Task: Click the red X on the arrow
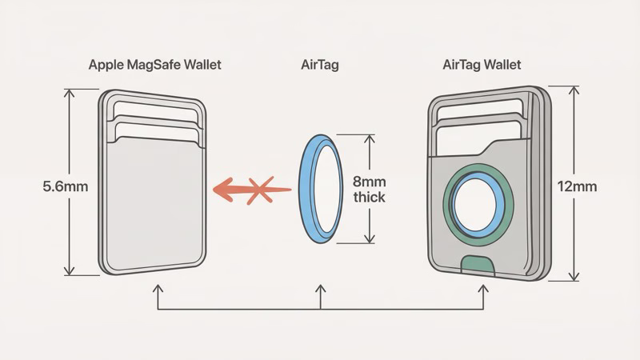click(258, 190)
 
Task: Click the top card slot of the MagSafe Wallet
click(152, 108)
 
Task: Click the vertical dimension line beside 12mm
click(574, 184)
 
